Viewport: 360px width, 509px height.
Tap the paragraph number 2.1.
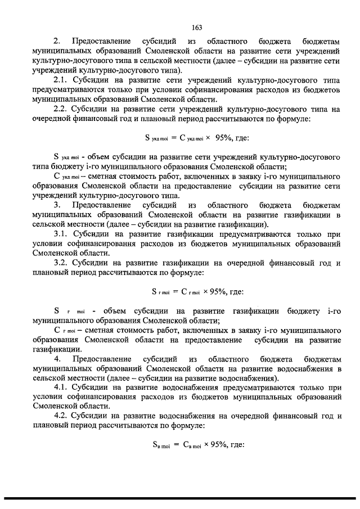point(60,80)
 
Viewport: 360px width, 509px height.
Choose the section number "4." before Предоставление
point(56,358)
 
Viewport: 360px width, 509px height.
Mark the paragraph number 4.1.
point(60,388)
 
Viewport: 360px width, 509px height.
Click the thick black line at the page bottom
point(180,499)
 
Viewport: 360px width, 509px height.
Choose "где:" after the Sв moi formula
point(237,445)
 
